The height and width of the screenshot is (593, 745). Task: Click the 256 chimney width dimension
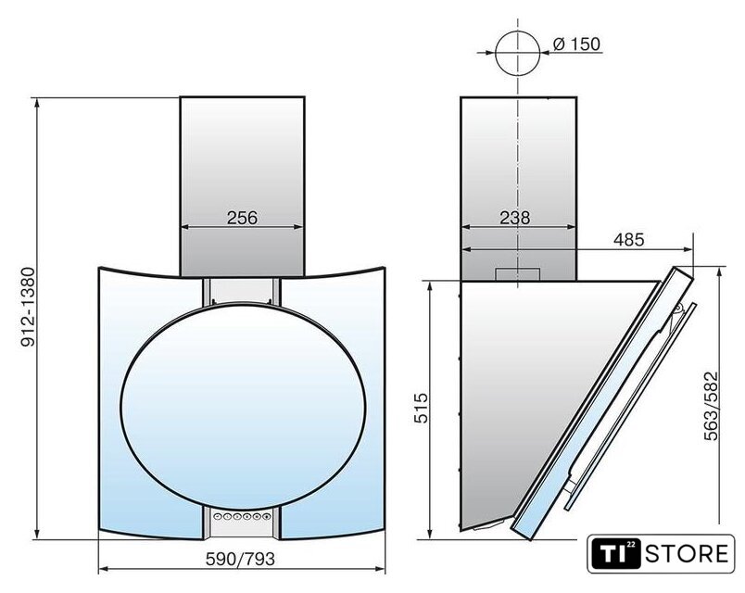[x=242, y=218]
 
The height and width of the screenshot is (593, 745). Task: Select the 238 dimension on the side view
[x=514, y=218]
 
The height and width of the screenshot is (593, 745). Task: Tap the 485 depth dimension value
[x=628, y=239]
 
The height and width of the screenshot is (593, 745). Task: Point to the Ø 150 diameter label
[x=576, y=44]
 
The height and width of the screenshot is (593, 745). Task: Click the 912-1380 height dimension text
[x=29, y=307]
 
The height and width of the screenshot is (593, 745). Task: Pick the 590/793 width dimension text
[x=240, y=559]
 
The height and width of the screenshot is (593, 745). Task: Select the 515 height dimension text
[x=421, y=408]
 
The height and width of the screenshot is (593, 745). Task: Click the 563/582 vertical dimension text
[x=712, y=405]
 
